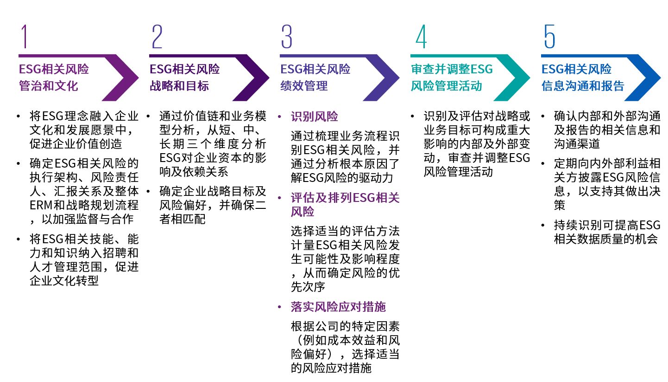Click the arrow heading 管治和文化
tap(48, 86)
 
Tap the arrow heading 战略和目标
tap(179, 86)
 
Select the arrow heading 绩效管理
tap(303, 86)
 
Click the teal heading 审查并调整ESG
tap(452, 70)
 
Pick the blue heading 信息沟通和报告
tap(583, 86)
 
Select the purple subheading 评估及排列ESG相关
tap(345, 198)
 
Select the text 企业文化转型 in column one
tap(64, 280)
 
